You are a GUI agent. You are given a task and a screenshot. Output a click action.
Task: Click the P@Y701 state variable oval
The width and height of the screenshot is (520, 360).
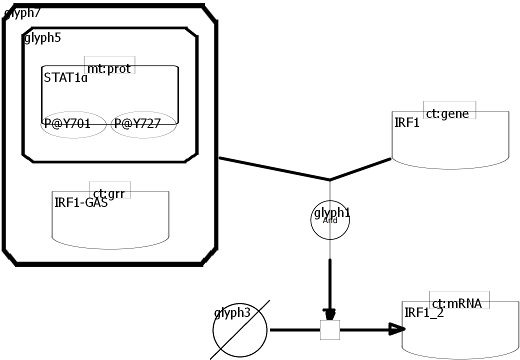tap(73, 124)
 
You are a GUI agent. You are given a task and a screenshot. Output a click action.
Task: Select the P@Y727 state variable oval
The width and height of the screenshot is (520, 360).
tap(143, 124)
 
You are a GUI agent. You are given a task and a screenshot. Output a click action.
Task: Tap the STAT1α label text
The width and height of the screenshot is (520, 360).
tap(65, 78)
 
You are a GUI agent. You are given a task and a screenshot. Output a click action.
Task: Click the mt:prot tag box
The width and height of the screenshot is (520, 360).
tap(109, 65)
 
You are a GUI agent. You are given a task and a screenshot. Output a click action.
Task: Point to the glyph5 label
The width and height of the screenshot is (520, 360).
tap(43, 38)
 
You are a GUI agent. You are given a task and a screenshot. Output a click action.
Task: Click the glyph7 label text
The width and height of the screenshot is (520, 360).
tap(23, 13)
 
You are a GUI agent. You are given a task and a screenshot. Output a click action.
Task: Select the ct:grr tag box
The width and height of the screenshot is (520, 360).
tap(109, 190)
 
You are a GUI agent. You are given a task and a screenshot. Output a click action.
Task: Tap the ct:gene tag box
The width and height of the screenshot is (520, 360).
tap(449, 110)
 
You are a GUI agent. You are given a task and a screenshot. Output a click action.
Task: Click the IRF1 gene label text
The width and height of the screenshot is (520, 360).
tap(406, 122)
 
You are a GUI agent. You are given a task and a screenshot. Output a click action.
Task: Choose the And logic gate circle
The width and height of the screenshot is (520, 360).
tap(330, 220)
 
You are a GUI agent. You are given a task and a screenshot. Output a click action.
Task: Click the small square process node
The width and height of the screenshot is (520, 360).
tap(330, 330)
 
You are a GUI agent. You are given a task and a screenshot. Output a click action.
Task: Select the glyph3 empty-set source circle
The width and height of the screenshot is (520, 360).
tap(239, 330)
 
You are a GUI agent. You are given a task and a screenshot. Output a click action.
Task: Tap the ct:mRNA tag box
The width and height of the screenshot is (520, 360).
tap(458, 300)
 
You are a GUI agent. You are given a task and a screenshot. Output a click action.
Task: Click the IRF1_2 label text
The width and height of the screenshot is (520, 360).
tap(423, 313)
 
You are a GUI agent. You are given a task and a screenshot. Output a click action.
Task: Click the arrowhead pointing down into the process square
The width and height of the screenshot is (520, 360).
tap(330, 314)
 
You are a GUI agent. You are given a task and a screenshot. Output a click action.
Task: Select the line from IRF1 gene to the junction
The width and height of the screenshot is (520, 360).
tap(360, 169)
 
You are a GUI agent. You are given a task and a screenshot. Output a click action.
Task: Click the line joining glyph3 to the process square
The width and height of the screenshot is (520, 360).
tap(295, 330)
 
